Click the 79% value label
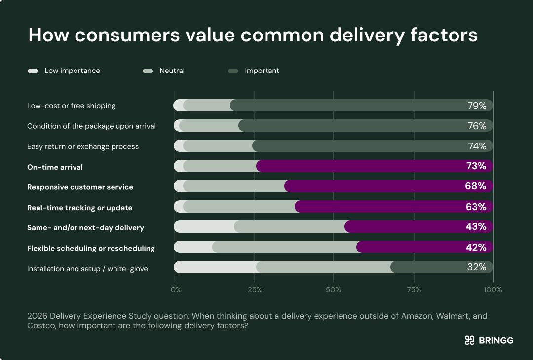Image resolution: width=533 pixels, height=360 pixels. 477,106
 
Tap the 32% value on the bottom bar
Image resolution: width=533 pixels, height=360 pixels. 477,267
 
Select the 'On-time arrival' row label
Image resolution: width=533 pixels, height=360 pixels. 55,167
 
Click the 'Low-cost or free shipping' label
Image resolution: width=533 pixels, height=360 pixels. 71,106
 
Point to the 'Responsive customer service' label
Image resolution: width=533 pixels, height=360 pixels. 80,187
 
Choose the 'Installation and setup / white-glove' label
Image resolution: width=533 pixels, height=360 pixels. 87,269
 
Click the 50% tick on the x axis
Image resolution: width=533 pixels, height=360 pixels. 334,290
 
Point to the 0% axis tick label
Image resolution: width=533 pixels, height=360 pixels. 176,290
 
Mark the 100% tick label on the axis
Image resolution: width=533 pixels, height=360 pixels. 493,290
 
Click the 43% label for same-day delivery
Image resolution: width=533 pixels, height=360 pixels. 476,227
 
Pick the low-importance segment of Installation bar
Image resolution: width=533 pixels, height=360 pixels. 215,267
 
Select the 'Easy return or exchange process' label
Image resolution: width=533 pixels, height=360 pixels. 83,146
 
